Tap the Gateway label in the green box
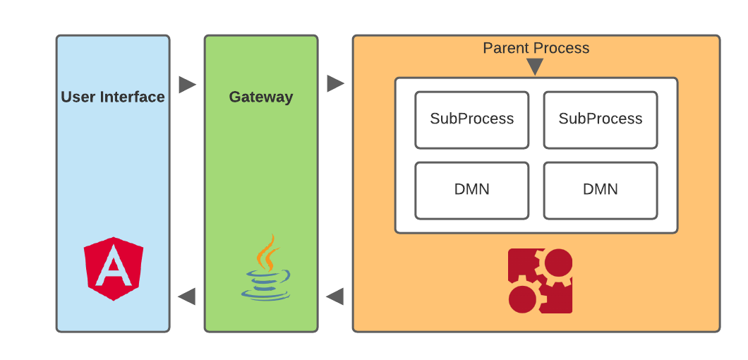261,97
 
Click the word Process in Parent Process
562,48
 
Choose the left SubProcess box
471,119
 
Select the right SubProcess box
601,119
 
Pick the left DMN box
471,190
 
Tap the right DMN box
601,190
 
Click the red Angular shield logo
113,268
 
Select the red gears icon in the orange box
540,280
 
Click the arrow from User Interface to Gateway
187,85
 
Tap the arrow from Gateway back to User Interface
187,296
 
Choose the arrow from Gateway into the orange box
335,84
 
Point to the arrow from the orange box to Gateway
335,296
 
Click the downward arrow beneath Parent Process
535,67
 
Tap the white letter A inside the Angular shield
113,270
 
